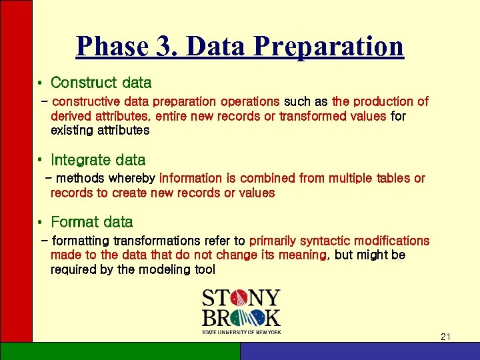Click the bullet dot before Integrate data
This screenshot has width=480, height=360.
coord(41,161)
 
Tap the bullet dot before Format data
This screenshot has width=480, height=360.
coord(41,223)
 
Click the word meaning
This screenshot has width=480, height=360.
coord(303,255)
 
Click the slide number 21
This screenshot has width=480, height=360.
coord(446,338)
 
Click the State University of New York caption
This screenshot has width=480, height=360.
coord(241,331)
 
